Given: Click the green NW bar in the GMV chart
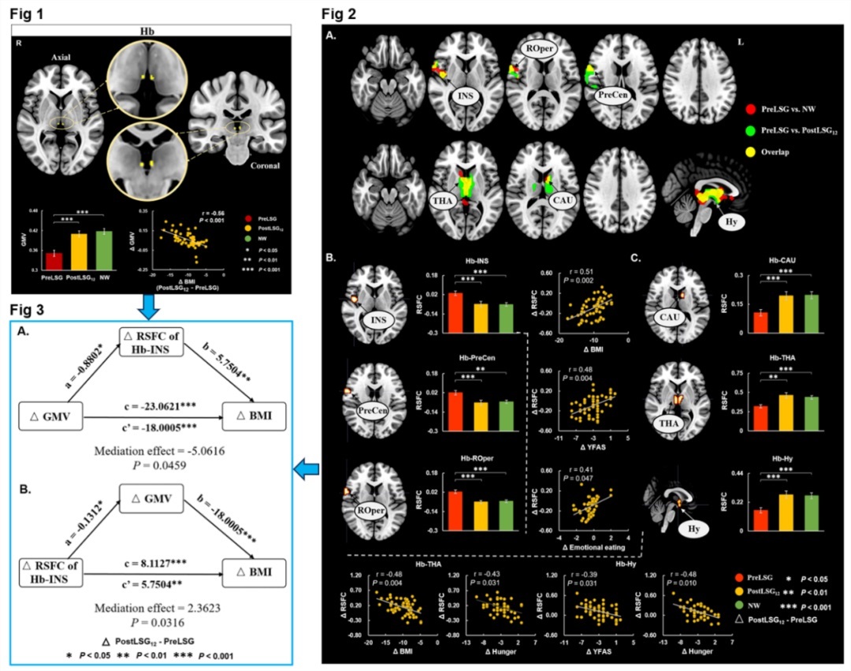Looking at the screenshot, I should point(102,251).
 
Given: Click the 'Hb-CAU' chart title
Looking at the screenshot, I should point(749,263).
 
